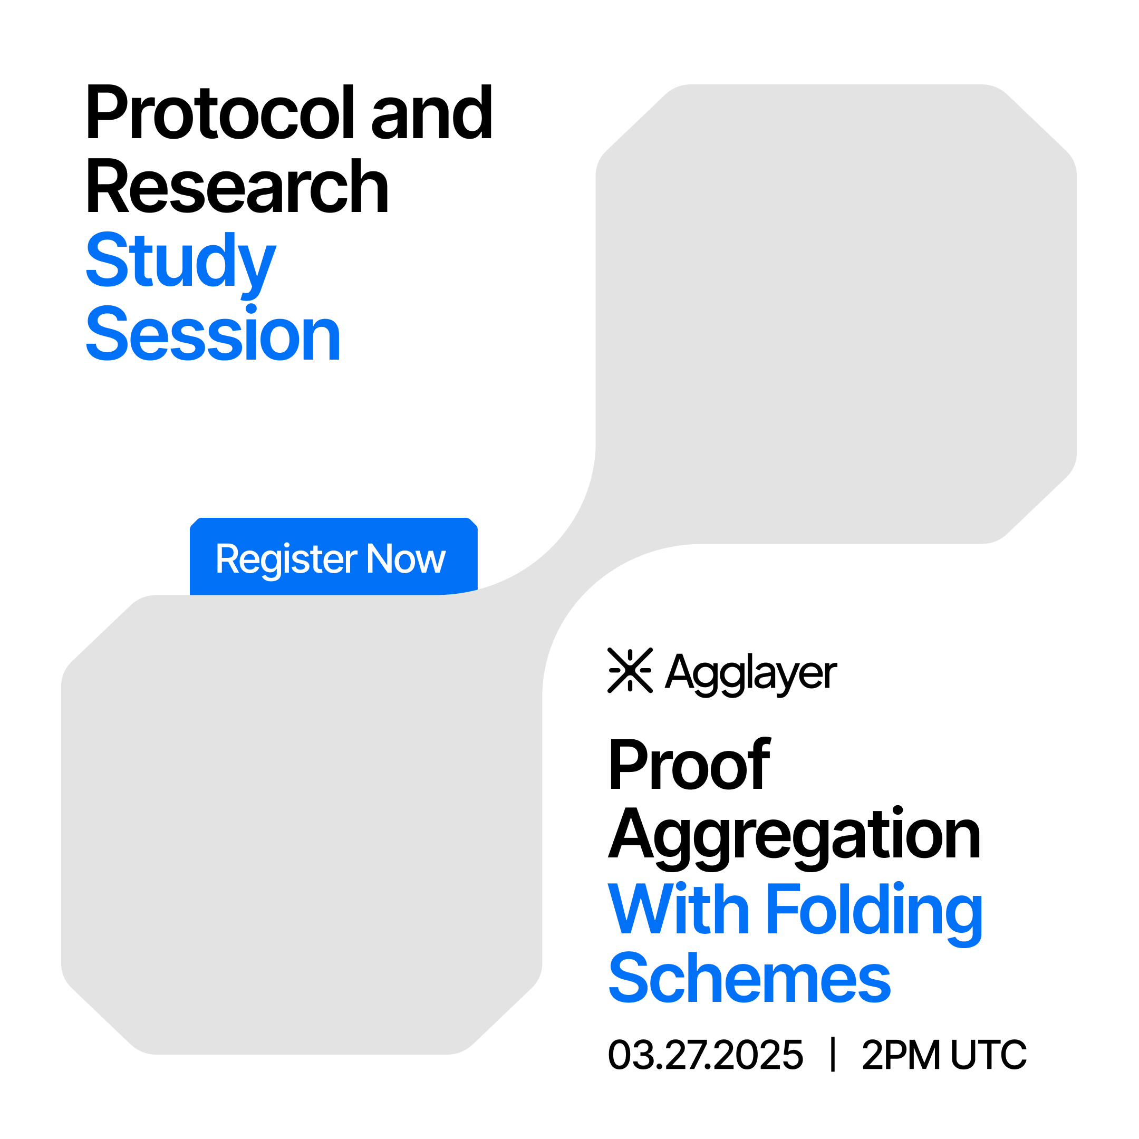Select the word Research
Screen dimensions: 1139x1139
tap(237, 186)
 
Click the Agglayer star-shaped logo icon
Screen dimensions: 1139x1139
tap(630, 670)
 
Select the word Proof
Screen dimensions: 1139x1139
tap(689, 764)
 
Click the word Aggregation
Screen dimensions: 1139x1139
tap(794, 837)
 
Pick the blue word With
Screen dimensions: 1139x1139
tap(679, 909)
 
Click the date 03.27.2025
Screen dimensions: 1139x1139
tap(705, 1054)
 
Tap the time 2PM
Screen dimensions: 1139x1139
tap(900, 1054)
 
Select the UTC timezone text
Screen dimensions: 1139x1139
tap(989, 1054)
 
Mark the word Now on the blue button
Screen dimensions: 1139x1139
tap(406, 558)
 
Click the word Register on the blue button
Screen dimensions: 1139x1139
tap(286, 561)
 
